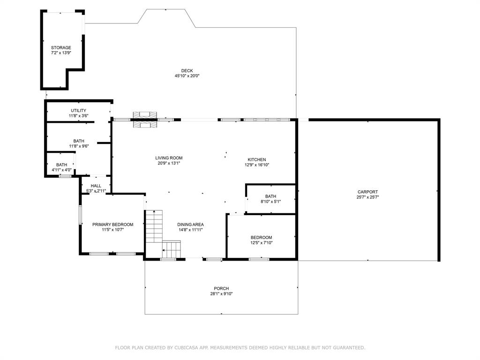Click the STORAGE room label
(x=61, y=48)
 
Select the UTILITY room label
(x=78, y=111)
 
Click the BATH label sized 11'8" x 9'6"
(x=78, y=141)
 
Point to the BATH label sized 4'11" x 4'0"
(x=61, y=165)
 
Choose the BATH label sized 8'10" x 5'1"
(x=270, y=196)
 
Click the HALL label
(x=96, y=186)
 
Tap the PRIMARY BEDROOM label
(x=112, y=225)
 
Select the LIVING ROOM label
(x=169, y=158)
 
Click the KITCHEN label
(x=257, y=160)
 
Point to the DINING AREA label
(x=190, y=225)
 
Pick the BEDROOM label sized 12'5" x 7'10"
(x=261, y=238)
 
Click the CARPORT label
(x=367, y=192)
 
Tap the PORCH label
(x=221, y=289)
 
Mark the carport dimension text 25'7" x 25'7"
(x=367, y=197)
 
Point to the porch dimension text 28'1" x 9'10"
(x=221, y=294)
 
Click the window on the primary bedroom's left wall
(x=81, y=215)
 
